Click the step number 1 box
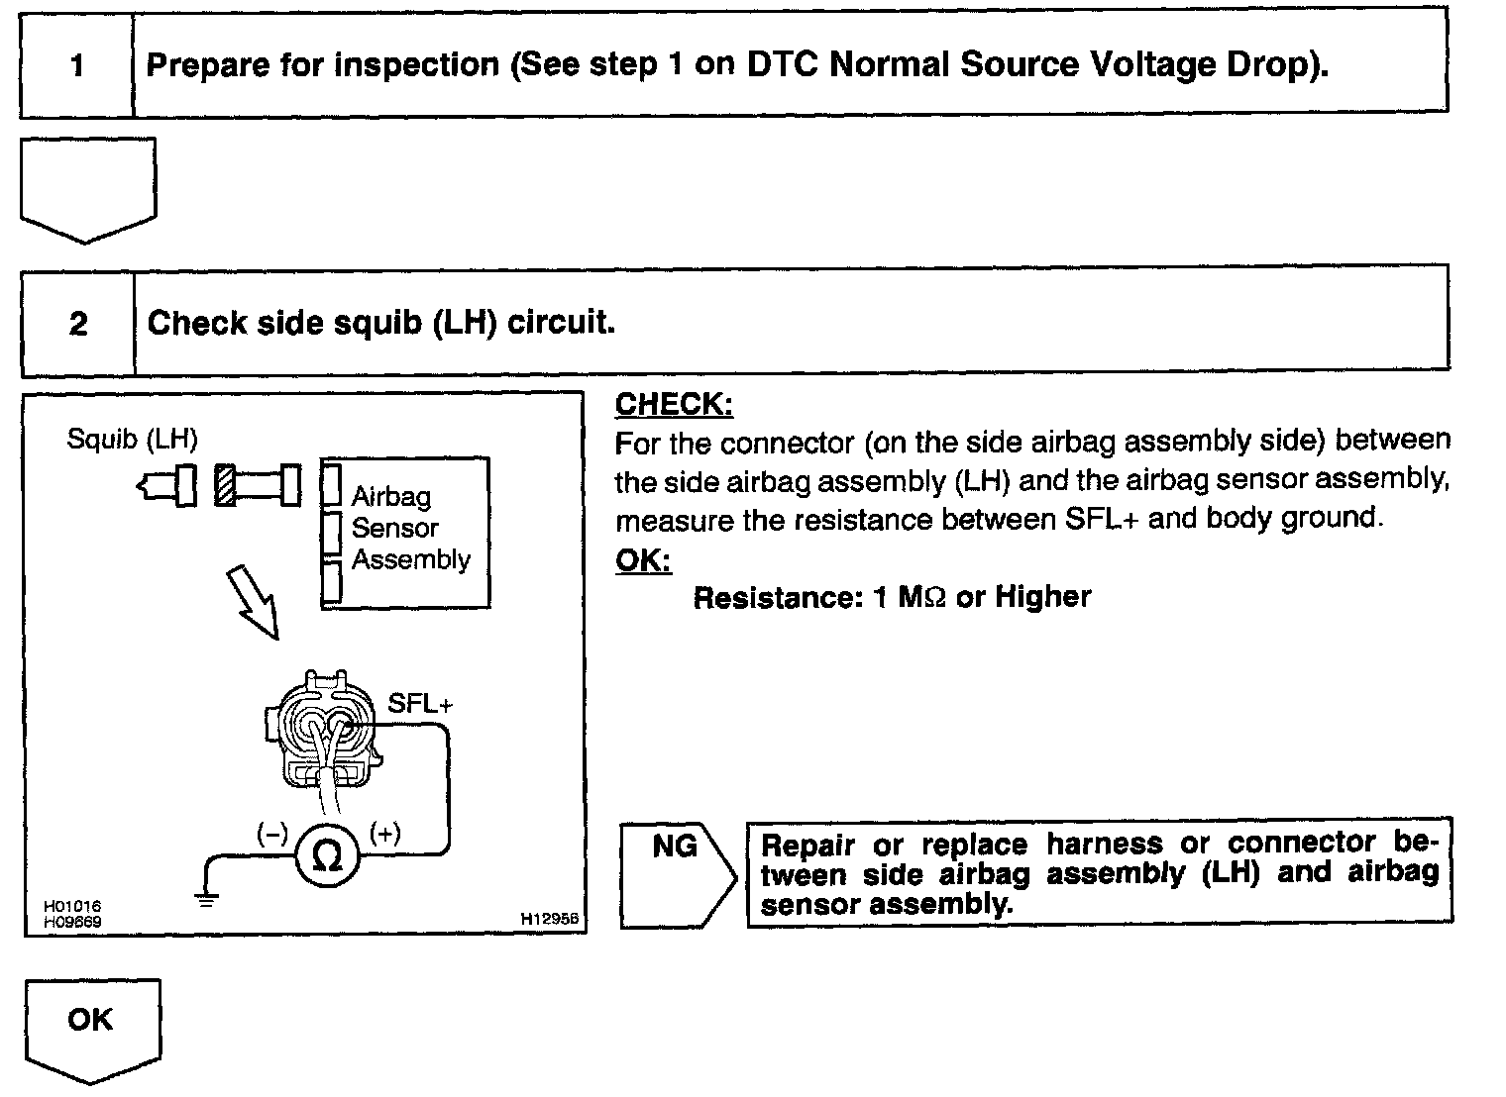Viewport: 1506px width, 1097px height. pos(77,66)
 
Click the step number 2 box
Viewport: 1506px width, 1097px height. pos(78,324)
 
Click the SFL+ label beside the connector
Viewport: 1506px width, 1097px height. pos(420,704)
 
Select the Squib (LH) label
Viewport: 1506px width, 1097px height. pos(132,438)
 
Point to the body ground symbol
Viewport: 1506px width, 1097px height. pos(207,899)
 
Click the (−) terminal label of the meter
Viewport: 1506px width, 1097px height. pos(271,834)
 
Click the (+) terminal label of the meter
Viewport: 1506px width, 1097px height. pos(384,834)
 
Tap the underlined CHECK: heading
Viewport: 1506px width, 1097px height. pos(674,404)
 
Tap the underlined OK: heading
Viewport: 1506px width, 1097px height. pos(643,560)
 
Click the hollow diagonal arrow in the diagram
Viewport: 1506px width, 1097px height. pos(253,602)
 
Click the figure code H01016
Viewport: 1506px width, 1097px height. pos(71,906)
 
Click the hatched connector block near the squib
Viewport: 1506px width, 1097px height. pos(225,485)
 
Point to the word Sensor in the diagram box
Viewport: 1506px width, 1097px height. pos(394,528)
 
